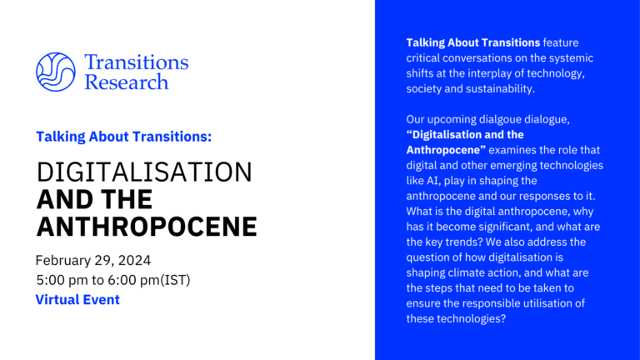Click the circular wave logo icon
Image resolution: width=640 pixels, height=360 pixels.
[56, 72]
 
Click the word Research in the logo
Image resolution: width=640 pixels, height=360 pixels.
[126, 82]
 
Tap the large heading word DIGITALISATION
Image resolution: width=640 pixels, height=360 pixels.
[144, 172]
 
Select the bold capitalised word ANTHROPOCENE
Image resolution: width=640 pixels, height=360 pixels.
[147, 226]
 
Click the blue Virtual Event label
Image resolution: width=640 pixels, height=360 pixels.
[77, 299]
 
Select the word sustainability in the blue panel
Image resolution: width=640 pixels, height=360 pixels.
[492, 88]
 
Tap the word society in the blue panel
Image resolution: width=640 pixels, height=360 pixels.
[427, 88]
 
